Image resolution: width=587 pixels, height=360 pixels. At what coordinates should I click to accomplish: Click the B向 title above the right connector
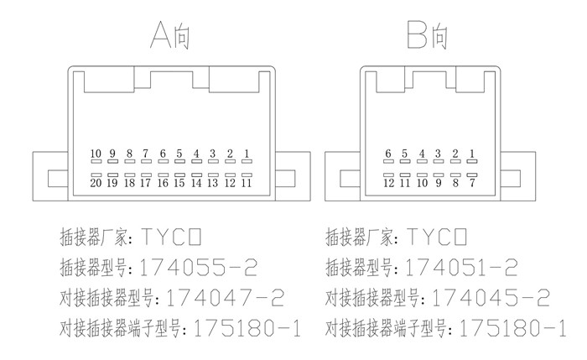click(429, 35)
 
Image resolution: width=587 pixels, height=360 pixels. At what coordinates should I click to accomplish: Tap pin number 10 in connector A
click(96, 154)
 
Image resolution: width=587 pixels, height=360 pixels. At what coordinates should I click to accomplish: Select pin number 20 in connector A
click(96, 182)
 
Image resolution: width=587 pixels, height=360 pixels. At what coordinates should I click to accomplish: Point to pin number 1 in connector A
click(247, 154)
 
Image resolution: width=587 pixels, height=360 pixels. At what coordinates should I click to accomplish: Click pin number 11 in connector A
click(247, 182)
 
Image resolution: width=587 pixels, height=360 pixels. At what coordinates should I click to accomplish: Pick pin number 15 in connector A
click(179, 182)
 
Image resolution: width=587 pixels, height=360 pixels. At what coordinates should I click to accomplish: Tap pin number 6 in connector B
click(388, 154)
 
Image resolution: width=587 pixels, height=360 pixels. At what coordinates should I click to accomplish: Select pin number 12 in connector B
click(388, 182)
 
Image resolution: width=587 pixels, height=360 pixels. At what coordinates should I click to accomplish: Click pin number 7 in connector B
click(472, 182)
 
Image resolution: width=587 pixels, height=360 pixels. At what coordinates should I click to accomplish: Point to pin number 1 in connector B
click(472, 154)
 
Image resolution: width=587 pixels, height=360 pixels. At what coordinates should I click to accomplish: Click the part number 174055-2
click(199, 269)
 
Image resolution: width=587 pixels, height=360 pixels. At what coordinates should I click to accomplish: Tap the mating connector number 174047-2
click(226, 297)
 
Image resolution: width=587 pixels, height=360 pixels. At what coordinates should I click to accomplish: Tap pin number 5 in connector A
click(179, 154)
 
